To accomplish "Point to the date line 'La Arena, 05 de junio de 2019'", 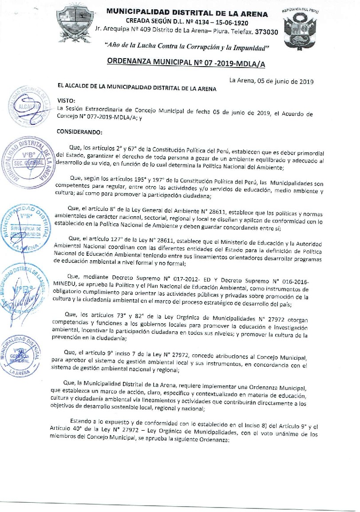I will pyautogui.click(x=271, y=81).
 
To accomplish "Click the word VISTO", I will pyautogui.click(x=67, y=101).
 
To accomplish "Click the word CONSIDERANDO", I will pyautogui.click(x=80, y=132).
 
